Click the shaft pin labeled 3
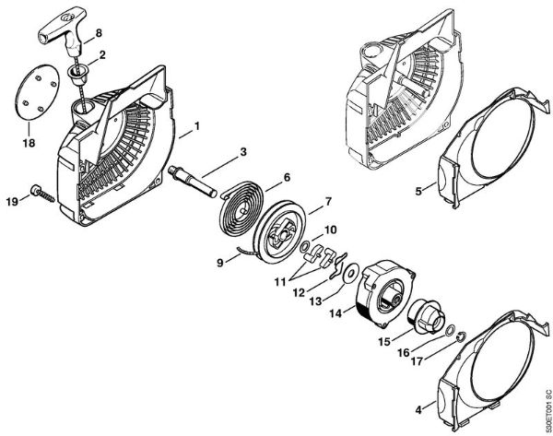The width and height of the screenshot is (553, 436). pyautogui.click(x=199, y=181)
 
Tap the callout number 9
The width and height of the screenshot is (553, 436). pyautogui.click(x=221, y=263)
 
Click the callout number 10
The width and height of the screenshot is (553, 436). pyautogui.click(x=330, y=229)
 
